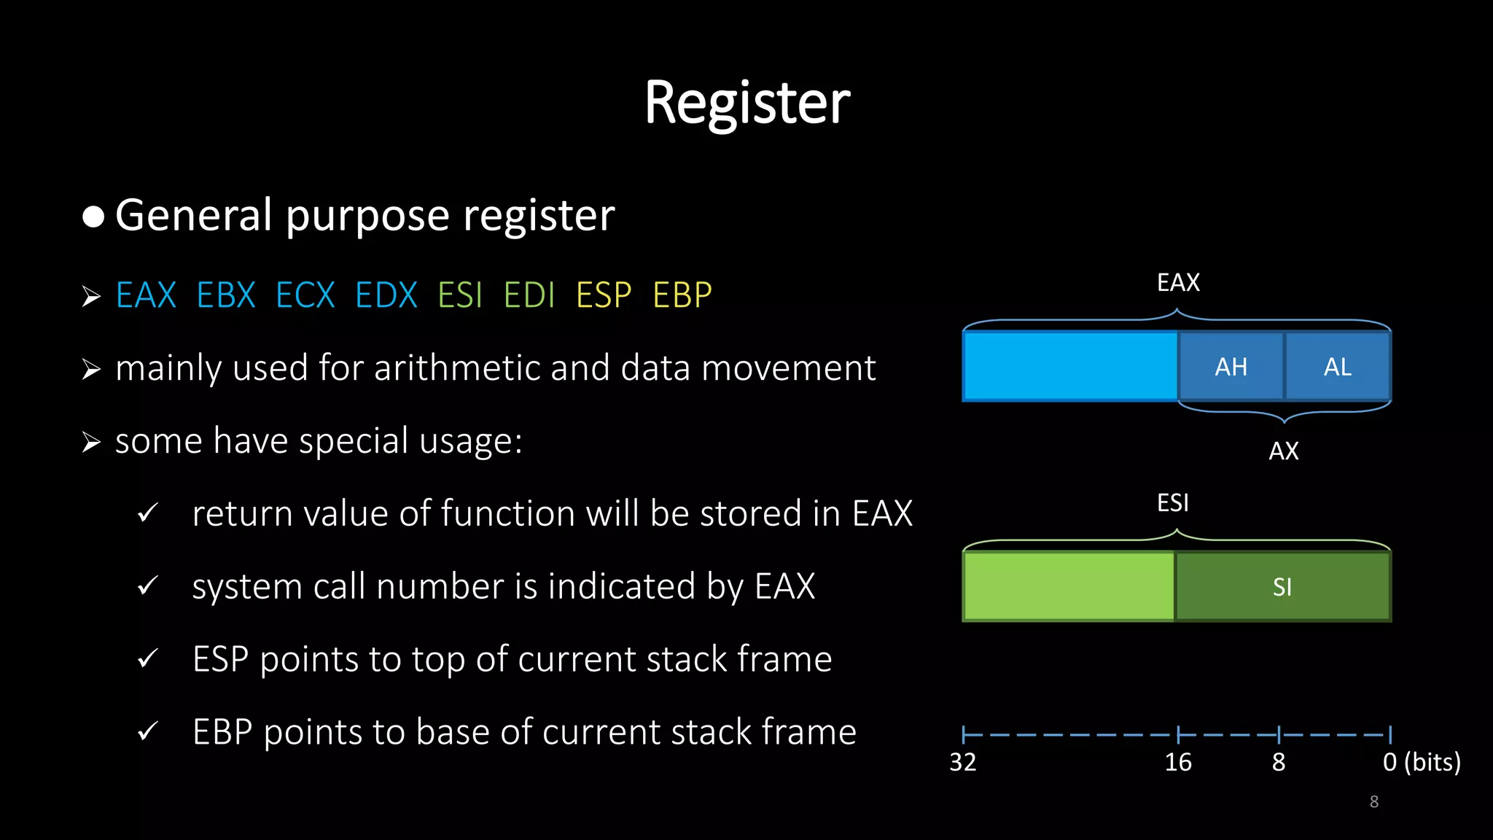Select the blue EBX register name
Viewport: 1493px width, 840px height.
tap(226, 295)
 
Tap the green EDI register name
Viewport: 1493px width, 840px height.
tap(529, 295)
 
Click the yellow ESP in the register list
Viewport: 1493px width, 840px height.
tap(604, 295)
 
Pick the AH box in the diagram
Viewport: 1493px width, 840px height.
tap(1231, 367)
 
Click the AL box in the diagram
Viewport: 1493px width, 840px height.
tap(1338, 367)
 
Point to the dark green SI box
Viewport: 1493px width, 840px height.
tap(1282, 587)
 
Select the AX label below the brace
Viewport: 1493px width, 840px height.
tap(1283, 451)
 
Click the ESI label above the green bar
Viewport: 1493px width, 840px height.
tap(1173, 503)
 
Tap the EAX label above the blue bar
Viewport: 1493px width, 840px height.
tap(1178, 283)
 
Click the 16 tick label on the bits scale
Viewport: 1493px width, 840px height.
tap(1178, 763)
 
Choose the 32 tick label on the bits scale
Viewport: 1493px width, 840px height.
tap(962, 763)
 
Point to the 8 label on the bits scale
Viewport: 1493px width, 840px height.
tap(1279, 763)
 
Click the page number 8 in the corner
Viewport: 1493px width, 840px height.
tap(1373, 802)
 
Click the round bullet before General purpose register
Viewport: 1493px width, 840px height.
tap(93, 217)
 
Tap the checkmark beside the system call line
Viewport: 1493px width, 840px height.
tap(147, 586)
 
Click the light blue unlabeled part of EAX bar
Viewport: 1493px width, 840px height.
tap(1070, 367)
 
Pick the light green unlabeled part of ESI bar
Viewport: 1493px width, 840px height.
tap(1069, 587)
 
